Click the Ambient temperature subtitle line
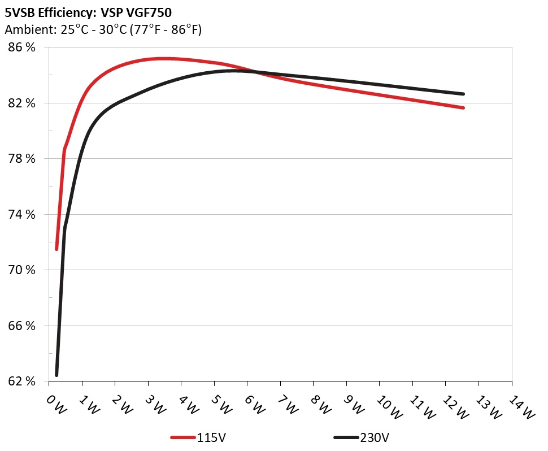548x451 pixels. click(x=103, y=30)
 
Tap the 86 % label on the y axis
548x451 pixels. click(x=21, y=47)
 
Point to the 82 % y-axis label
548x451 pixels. click(x=21, y=103)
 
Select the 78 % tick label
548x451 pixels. click(x=21, y=159)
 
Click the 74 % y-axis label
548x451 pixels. click(x=21, y=214)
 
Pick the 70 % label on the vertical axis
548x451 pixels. click(x=21, y=270)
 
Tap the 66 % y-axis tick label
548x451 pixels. click(x=21, y=326)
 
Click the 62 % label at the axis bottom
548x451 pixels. click(x=21, y=381)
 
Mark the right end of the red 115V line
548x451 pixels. click(x=463, y=107)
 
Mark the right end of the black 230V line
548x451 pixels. click(x=463, y=94)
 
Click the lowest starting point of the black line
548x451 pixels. click(x=56, y=375)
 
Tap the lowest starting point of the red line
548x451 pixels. click(x=56, y=249)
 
